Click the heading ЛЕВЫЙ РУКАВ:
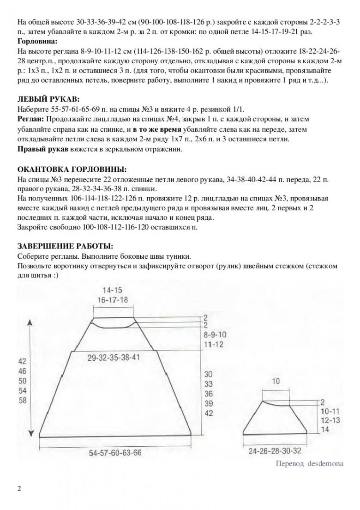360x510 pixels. click(48, 99)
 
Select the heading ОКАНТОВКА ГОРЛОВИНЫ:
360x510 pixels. click(71, 169)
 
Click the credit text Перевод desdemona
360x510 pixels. click(309, 464)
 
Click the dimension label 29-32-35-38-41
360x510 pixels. click(114, 357)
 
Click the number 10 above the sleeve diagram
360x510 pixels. click(276, 382)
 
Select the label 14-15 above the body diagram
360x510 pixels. click(113, 291)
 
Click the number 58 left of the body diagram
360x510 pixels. click(23, 401)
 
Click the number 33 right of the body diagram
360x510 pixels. click(209, 384)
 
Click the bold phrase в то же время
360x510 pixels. click(156, 129)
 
